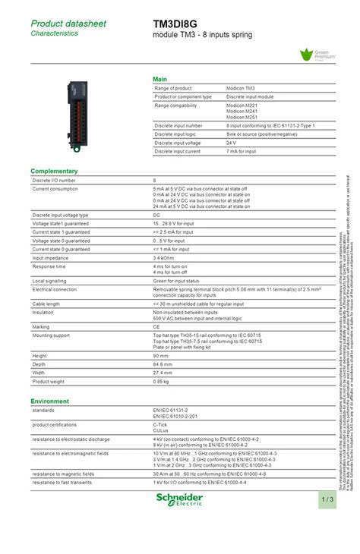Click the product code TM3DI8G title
click(x=175, y=24)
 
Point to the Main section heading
click(x=160, y=79)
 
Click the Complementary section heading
click(x=54, y=171)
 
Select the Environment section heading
click(x=50, y=401)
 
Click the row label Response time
click(x=49, y=266)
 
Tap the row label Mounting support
click(x=51, y=335)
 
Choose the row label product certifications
click(x=56, y=424)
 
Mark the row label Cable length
click(x=46, y=303)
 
